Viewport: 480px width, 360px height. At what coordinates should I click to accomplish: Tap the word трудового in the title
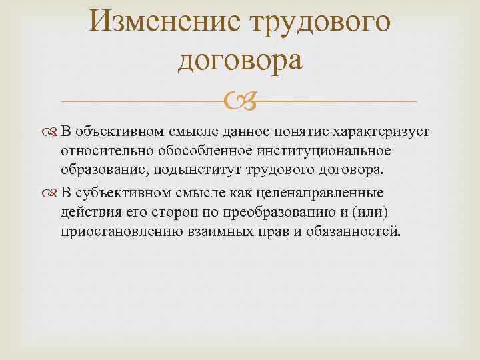click(318, 23)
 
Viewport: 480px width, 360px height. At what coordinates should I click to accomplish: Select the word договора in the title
click(240, 61)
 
